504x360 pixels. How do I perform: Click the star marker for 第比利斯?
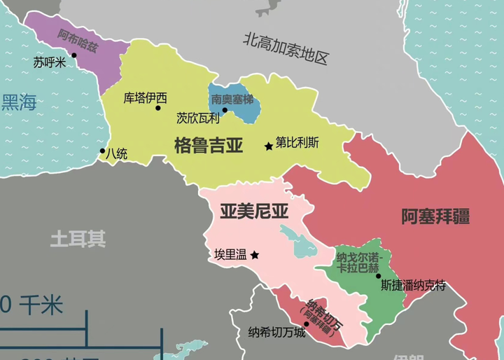click(268, 146)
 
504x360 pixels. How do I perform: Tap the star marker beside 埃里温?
click(255, 255)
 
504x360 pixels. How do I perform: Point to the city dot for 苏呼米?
click(73, 55)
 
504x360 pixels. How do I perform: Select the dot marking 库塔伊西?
click(158, 108)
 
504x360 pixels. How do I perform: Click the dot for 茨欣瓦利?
click(225, 110)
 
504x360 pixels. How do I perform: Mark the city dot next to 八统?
click(103, 150)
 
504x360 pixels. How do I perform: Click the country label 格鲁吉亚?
click(209, 146)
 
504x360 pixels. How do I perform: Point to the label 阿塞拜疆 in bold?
click(435, 216)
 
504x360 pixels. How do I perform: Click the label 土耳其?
click(78, 239)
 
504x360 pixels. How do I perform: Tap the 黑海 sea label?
click(19, 103)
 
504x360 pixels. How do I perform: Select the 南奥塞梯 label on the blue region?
click(234, 99)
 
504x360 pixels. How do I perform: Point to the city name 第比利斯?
click(297, 142)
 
